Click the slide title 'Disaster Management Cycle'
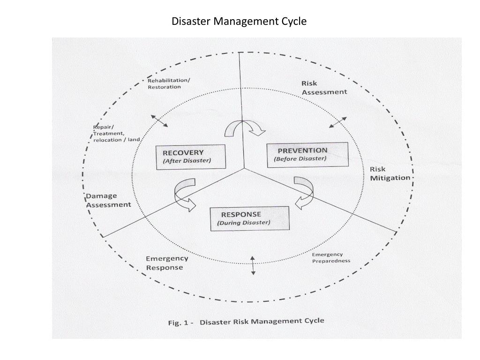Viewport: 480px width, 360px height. tap(239, 22)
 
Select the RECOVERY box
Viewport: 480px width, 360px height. tap(190, 157)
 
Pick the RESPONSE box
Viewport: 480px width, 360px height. tap(249, 218)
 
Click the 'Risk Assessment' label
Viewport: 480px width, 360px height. tap(324, 88)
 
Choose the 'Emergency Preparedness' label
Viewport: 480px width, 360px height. tap(331, 257)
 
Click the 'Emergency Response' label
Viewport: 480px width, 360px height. tap(167, 263)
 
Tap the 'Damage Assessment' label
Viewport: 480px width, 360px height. tap(108, 200)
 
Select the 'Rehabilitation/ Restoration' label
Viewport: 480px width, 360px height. tap(169, 83)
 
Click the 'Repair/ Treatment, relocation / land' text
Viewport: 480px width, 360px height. tap(116, 134)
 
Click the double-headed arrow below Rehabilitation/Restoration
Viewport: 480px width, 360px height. tap(159, 120)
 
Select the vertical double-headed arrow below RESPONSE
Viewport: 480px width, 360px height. tap(253, 266)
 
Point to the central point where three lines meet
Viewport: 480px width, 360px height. tap(244, 168)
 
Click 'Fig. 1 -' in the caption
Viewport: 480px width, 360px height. tap(180, 323)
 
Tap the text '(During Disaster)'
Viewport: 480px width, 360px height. tap(244, 223)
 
